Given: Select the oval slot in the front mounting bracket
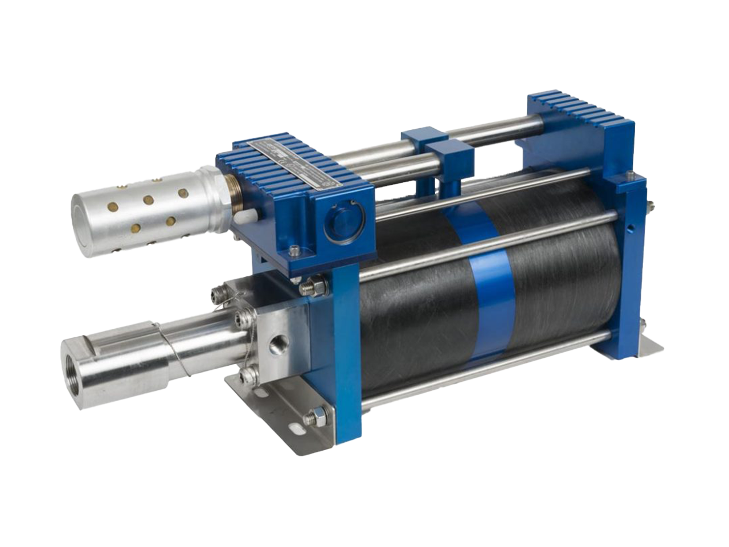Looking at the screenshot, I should pos(297,426).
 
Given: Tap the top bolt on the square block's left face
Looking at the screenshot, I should pos(218,295).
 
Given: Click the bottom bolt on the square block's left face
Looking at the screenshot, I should pos(247,374).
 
